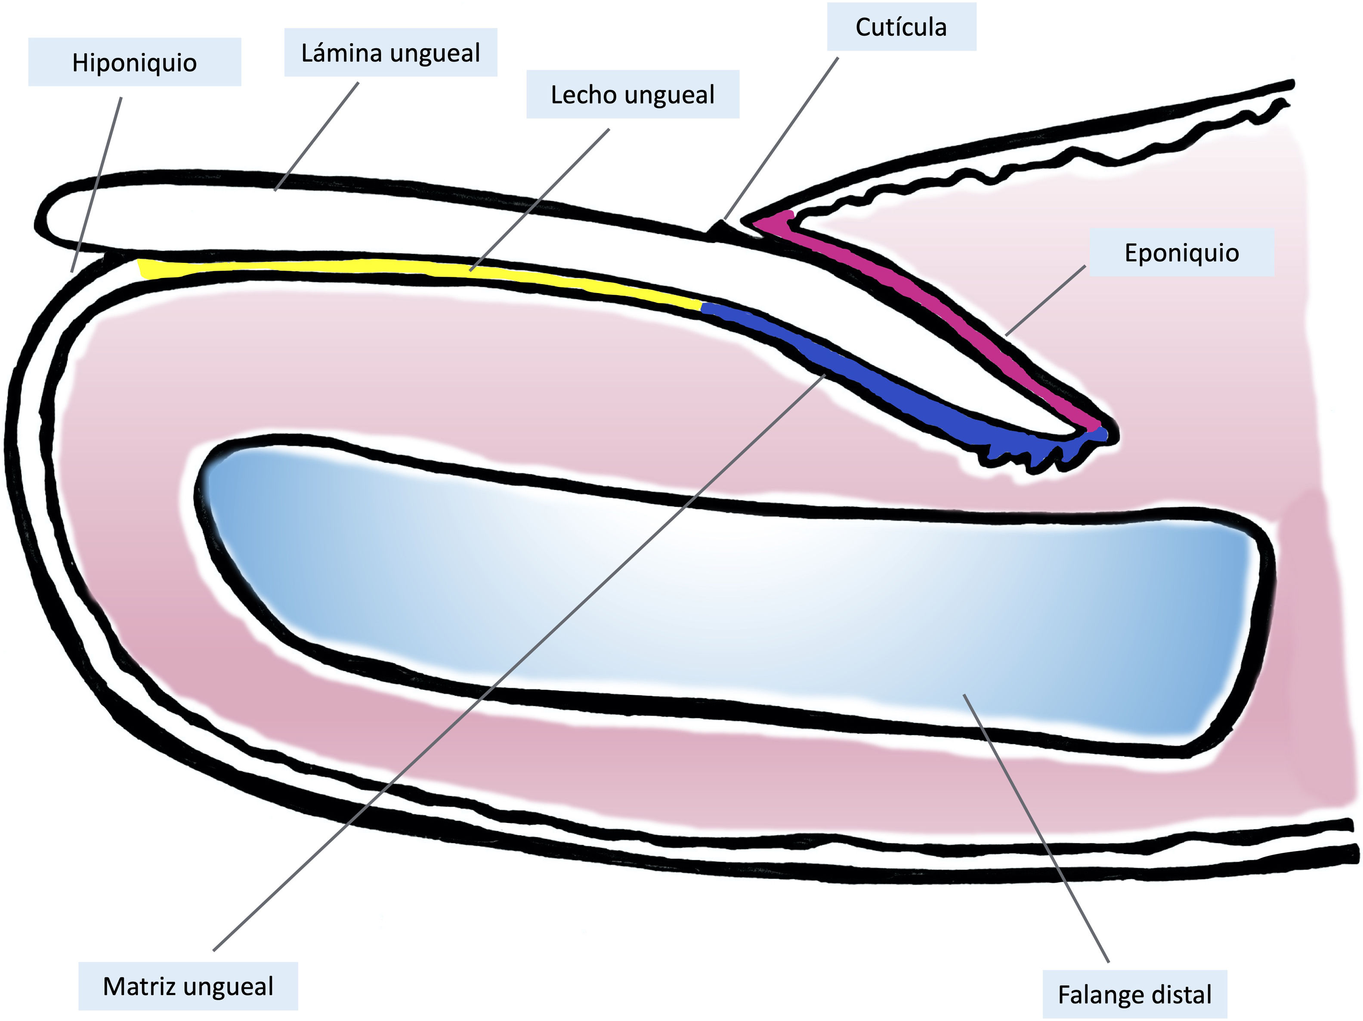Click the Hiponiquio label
click(x=134, y=62)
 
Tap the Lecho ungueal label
click(x=632, y=94)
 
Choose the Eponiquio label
click(x=1181, y=253)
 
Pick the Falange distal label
click(x=1134, y=994)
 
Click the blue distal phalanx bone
click(x=739, y=604)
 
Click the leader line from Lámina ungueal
click(x=317, y=136)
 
